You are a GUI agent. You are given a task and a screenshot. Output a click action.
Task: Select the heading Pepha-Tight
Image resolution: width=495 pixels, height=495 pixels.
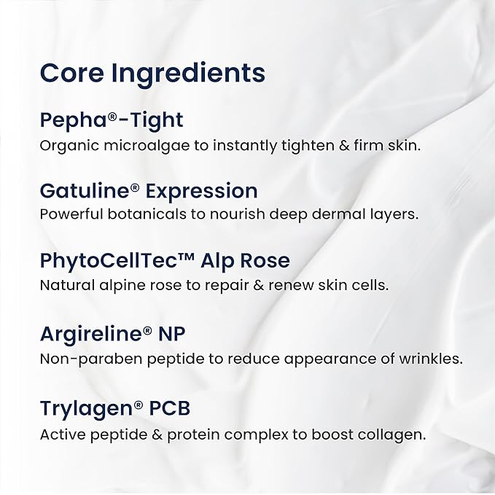coord(111,121)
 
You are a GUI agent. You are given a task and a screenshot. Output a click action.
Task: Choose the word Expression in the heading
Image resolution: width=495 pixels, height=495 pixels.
coord(202,192)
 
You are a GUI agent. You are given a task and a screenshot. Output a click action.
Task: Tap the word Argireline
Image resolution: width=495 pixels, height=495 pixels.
coord(90,334)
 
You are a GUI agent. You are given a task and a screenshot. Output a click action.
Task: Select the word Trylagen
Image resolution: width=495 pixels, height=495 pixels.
coord(86,410)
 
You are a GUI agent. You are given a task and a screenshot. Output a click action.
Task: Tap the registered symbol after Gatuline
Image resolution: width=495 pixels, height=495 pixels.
coord(134,187)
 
